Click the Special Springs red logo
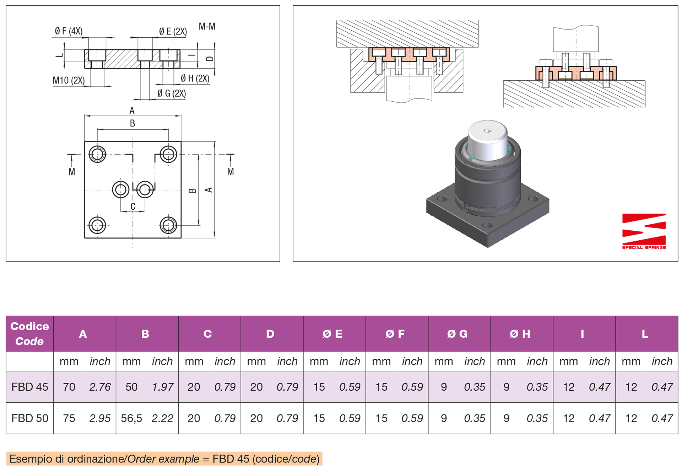[x=644, y=231]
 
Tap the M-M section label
[x=207, y=27]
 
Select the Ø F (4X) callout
[x=69, y=31]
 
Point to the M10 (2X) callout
[x=69, y=81]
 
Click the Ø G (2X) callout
[x=172, y=93]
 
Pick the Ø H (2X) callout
[x=195, y=79]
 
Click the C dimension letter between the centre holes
[x=133, y=206]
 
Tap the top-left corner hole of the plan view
[x=97, y=154]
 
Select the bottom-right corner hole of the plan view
[x=168, y=225]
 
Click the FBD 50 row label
[x=30, y=418]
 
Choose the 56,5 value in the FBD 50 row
[x=131, y=418]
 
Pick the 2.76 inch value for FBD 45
[x=100, y=387]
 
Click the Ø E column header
[x=332, y=334]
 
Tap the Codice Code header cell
[x=30, y=334]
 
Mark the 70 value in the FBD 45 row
[x=69, y=387]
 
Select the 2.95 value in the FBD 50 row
[x=100, y=418]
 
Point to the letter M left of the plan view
[x=72, y=172]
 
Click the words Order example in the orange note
[x=163, y=459]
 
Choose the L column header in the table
[x=645, y=334]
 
